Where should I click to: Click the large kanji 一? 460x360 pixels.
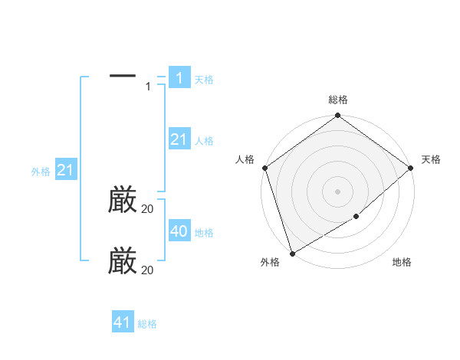[123, 75]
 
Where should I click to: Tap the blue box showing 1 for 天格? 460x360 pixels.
[179, 78]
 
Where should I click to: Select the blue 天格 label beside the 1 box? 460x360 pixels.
[204, 79]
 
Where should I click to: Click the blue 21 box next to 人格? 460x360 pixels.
[179, 139]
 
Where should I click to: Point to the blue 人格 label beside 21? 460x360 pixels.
[204, 141]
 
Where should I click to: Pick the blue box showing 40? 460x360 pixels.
[179, 231]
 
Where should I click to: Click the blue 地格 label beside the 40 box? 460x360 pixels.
[204, 233]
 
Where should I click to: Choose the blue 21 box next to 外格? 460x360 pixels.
[65, 171]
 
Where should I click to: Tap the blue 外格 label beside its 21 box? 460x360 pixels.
[41, 172]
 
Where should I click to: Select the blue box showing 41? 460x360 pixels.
[123, 322]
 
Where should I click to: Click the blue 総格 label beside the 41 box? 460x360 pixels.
[147, 324]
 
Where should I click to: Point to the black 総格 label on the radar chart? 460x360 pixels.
[337, 100]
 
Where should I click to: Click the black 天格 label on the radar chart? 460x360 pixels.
[431, 159]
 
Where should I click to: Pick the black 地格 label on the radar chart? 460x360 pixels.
[402, 263]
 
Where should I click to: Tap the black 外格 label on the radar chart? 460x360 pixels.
[270, 263]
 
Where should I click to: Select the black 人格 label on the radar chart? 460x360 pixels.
[245, 159]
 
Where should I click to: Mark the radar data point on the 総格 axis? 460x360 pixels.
[337, 116]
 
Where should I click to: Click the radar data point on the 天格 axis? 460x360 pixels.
[410, 168]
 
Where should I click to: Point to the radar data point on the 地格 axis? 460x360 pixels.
[356, 217]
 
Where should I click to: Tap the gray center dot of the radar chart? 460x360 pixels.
[337, 191]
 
